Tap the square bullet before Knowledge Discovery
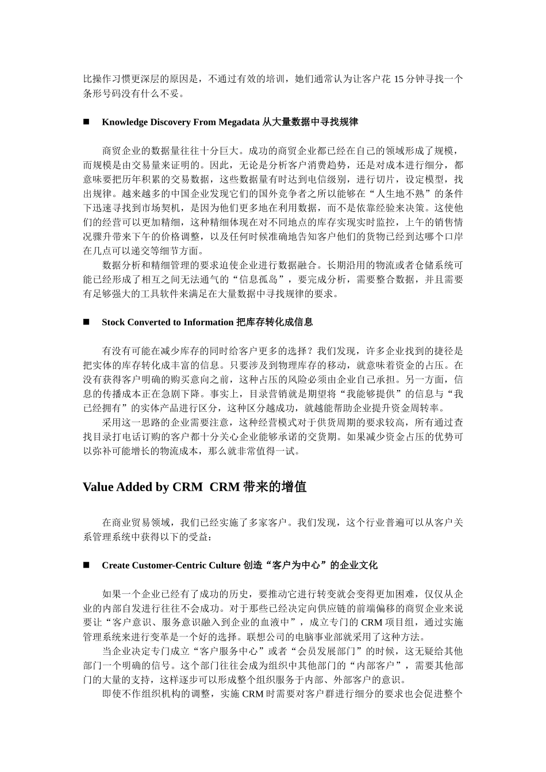[87, 122]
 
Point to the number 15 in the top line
[398, 79]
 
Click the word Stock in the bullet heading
[113, 322]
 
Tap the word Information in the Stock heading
[209, 322]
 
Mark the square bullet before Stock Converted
[87, 322]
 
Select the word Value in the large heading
[98, 487]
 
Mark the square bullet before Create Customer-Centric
[87, 565]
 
